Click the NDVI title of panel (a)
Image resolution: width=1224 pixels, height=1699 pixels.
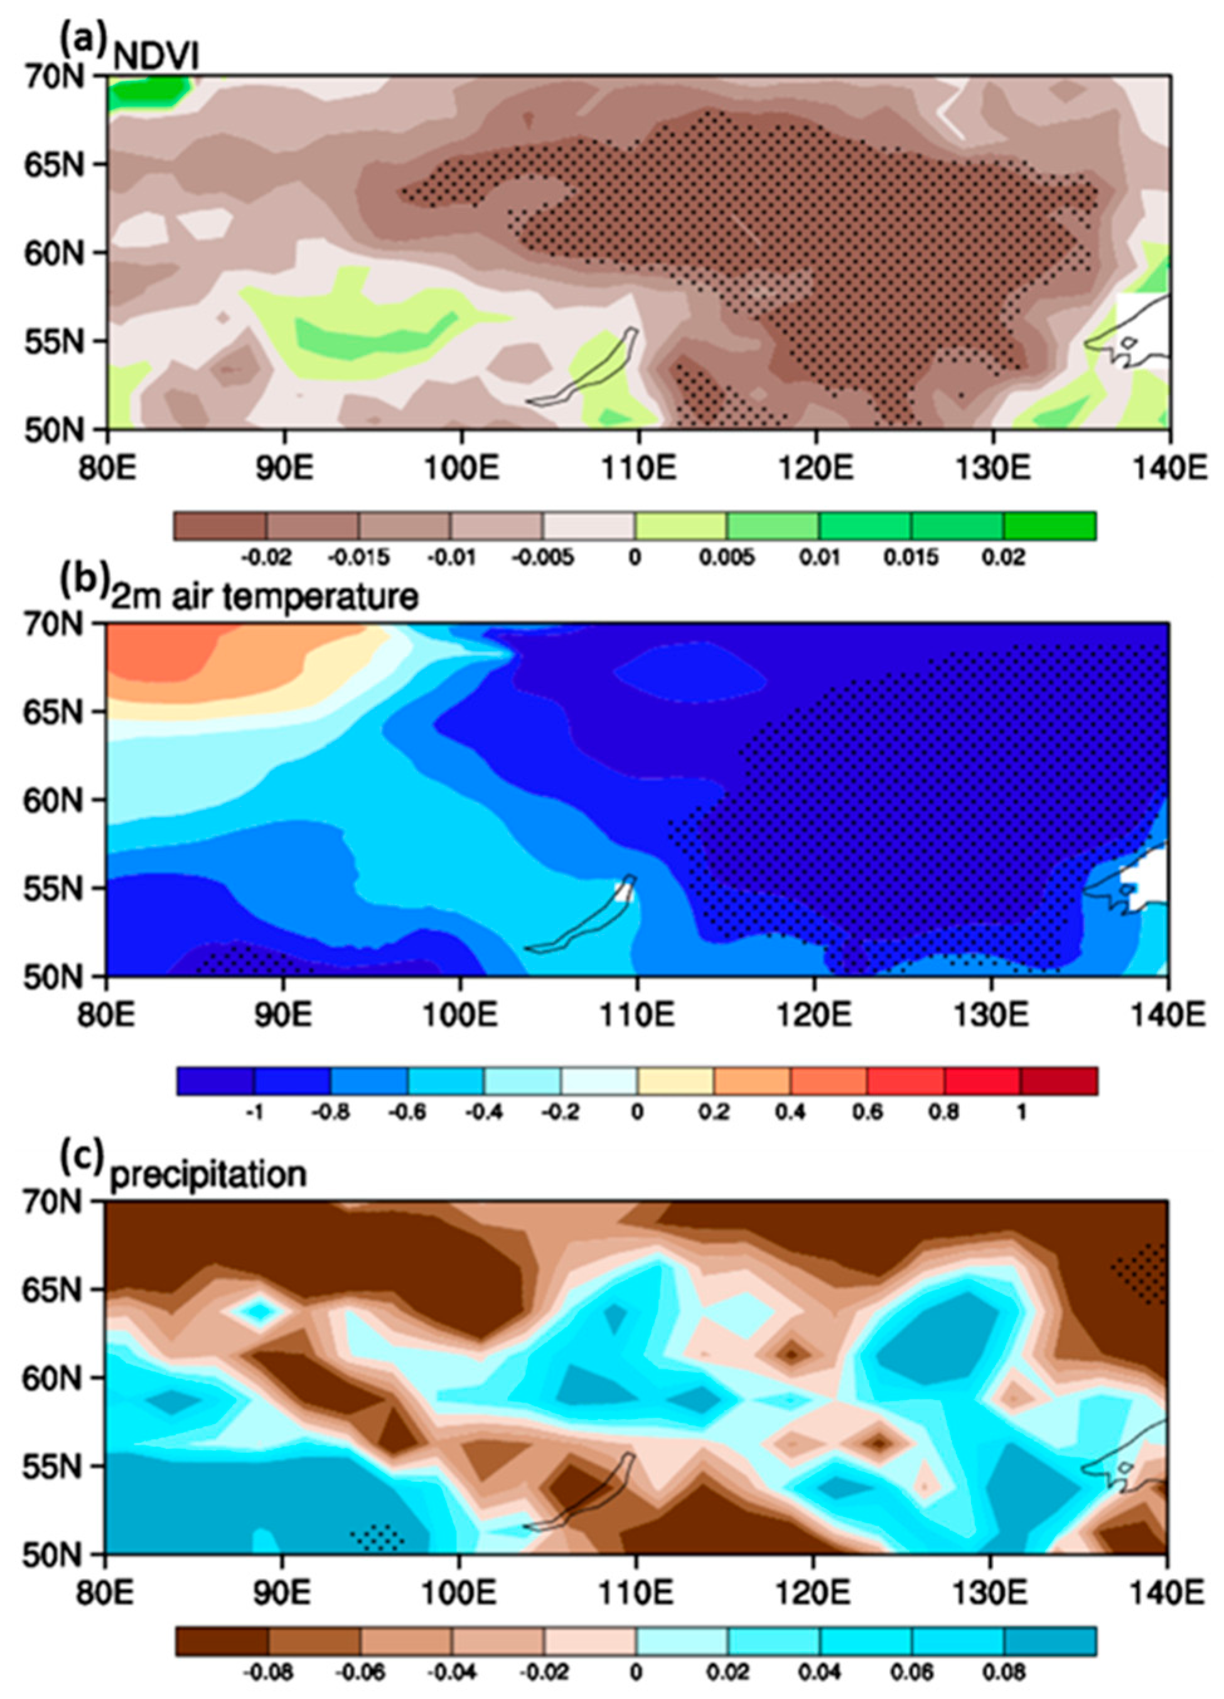click(155, 58)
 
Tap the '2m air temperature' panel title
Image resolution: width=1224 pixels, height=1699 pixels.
click(264, 597)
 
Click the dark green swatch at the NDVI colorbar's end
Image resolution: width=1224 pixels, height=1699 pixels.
click(1049, 526)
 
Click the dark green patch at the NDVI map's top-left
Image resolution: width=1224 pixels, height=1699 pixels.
click(146, 93)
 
